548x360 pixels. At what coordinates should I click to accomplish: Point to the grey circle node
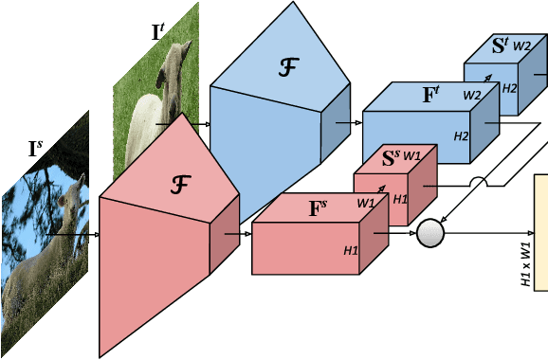pos(430,233)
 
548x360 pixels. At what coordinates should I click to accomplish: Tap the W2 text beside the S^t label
pos(522,45)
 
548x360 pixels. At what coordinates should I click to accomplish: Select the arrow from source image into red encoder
pos(71,233)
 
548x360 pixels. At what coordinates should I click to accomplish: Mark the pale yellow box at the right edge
pos(541,232)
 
